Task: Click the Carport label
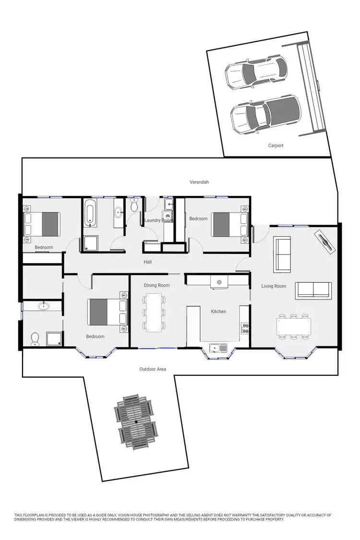point(276,145)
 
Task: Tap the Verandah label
point(199,182)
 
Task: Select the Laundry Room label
point(158,220)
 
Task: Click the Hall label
point(148,262)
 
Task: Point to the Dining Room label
point(157,286)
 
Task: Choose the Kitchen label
point(218,312)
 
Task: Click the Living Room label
point(274,286)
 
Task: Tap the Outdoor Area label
point(153,369)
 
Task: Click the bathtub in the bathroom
point(90,214)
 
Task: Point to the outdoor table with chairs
point(136,421)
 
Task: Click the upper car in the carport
point(256,73)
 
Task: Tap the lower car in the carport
point(265,115)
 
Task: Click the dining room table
point(154,312)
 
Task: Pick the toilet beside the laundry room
point(134,205)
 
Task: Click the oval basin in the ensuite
point(44,306)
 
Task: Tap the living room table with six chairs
point(294,327)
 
